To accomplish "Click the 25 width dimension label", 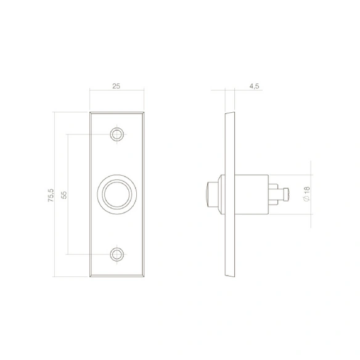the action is (116, 86).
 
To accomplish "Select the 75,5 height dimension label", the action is (51, 195).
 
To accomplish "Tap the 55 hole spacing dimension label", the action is (64, 195).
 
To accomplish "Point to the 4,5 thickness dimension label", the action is (254, 86).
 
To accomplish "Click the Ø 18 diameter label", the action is (306, 194).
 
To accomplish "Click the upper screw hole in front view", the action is (117, 134).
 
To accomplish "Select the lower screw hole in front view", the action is (117, 255).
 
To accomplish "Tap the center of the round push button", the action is (117, 194).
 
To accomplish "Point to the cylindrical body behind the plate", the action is (252, 194).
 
